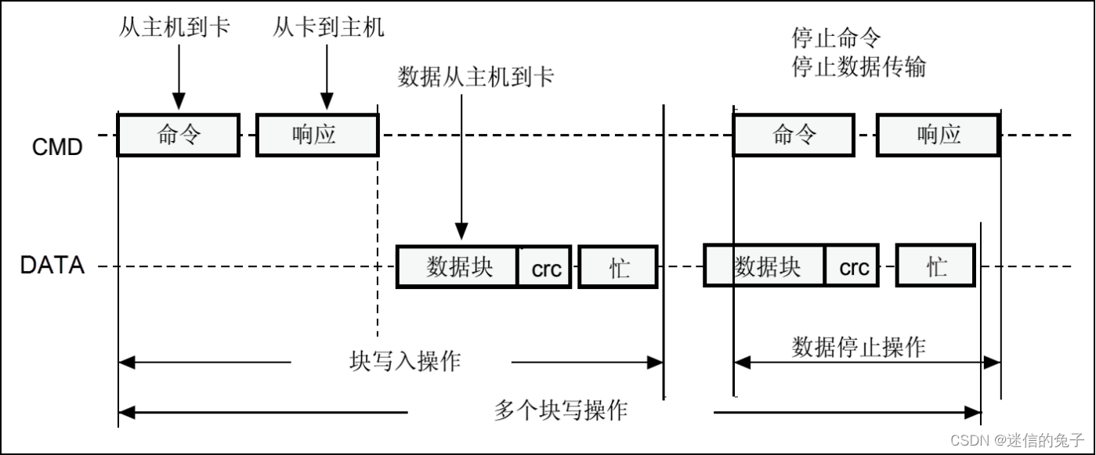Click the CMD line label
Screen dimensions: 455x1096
[x=57, y=146]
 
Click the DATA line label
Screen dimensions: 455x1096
[x=52, y=265]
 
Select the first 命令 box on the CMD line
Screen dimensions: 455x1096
[x=179, y=135]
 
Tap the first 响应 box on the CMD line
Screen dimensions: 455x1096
[x=317, y=135]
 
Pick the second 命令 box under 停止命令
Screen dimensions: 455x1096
[x=794, y=135]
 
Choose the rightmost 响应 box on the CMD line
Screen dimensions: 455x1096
[x=938, y=135]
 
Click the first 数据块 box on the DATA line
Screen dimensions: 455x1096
[x=458, y=267]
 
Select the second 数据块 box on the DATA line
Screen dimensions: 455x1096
[x=765, y=267]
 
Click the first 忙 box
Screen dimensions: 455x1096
[x=618, y=267]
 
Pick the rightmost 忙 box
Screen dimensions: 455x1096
[x=936, y=267]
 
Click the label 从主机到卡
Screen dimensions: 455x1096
[x=174, y=28]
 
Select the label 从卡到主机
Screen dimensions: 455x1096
[x=328, y=28]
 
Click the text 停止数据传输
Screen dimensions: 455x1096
[x=859, y=67]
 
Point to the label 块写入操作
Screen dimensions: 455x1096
[x=404, y=361]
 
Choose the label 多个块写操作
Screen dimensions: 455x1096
[x=560, y=410]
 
